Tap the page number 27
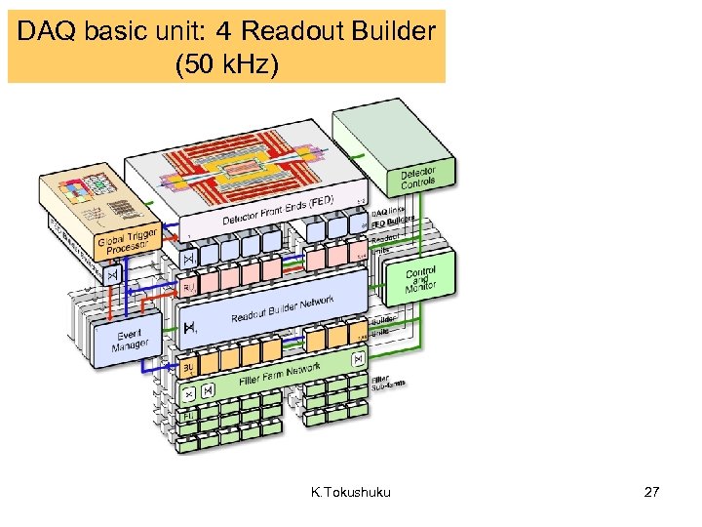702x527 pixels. tap(651, 492)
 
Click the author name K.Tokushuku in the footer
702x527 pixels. tap(351, 492)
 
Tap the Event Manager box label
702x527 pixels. tap(130, 339)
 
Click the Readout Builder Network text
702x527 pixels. tap(283, 310)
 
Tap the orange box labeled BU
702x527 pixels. tap(189, 368)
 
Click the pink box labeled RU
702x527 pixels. tap(190, 289)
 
